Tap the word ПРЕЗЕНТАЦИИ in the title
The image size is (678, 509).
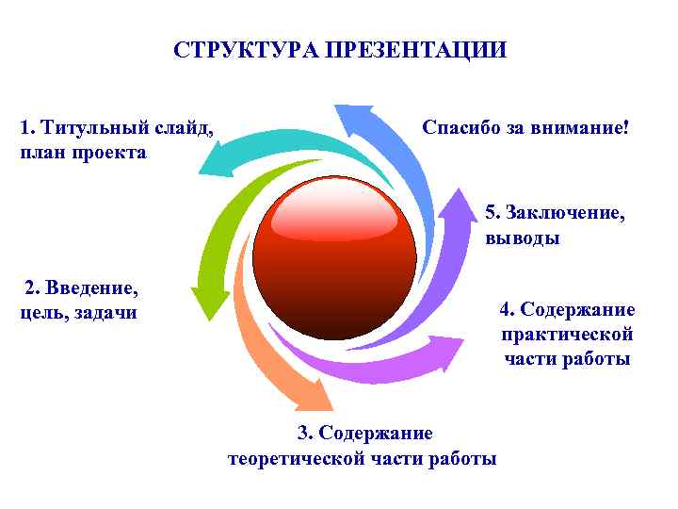pyautogui.click(x=415, y=49)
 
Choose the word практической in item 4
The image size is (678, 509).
pyautogui.click(x=567, y=335)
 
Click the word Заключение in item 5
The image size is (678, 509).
pyautogui.click(x=565, y=212)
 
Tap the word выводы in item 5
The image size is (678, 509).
pyautogui.click(x=523, y=238)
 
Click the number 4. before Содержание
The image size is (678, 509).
pyautogui.click(x=508, y=310)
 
